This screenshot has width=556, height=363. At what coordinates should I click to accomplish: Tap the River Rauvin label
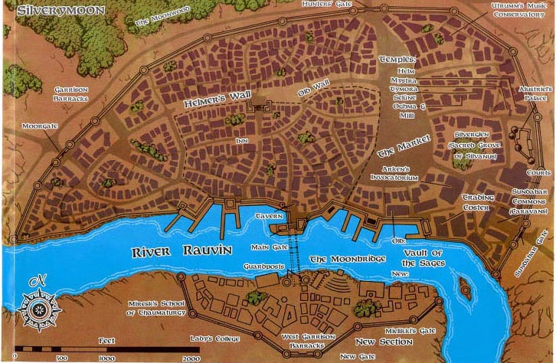point(164,251)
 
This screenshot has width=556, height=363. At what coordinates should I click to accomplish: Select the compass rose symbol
point(36,309)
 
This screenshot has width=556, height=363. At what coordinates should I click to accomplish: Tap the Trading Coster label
point(477,201)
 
